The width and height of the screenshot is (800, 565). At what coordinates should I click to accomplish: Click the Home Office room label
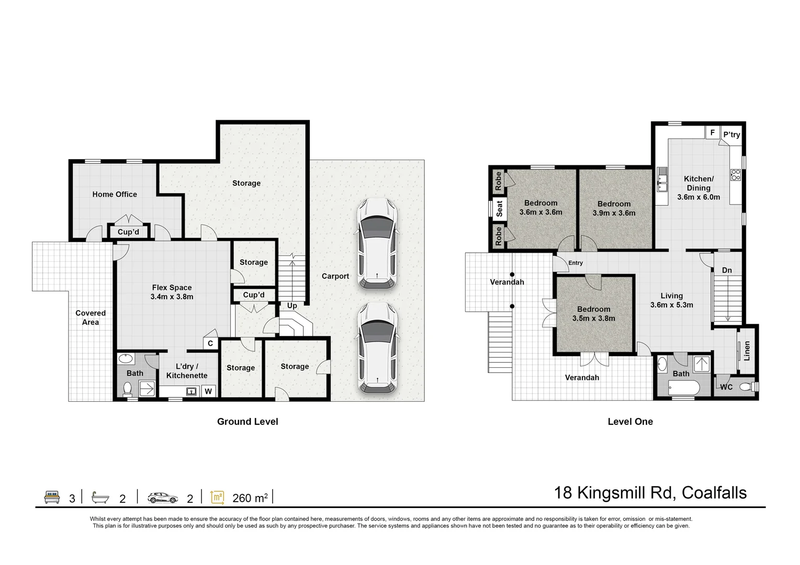(115, 194)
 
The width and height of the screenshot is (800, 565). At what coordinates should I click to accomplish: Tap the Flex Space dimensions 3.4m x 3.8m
(172, 297)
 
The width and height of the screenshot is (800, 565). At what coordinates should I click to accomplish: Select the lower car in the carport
(377, 347)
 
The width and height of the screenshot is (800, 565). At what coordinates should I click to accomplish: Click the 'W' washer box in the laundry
(208, 391)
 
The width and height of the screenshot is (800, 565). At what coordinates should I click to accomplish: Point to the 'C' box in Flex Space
(210, 343)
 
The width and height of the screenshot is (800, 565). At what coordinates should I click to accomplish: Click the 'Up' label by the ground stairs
(292, 306)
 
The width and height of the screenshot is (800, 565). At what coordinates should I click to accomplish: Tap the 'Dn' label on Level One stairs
(727, 270)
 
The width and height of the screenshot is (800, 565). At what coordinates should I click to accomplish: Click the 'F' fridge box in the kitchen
(712, 133)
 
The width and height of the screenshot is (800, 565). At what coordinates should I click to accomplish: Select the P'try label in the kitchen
(731, 134)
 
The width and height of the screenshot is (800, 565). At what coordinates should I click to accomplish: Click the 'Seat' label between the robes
(499, 209)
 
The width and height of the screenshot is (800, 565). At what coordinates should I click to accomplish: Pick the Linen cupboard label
(747, 351)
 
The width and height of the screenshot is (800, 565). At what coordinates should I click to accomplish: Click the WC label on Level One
(726, 387)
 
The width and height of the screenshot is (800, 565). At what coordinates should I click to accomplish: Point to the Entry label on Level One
(576, 263)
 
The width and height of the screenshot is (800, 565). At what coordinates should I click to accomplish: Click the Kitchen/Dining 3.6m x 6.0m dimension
(698, 197)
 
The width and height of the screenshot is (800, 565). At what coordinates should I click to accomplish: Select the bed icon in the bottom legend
(52, 497)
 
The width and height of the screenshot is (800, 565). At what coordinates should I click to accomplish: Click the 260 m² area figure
(250, 498)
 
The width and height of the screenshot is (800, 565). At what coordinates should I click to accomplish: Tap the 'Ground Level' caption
(247, 422)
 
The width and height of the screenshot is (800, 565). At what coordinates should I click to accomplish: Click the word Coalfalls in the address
(714, 493)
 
